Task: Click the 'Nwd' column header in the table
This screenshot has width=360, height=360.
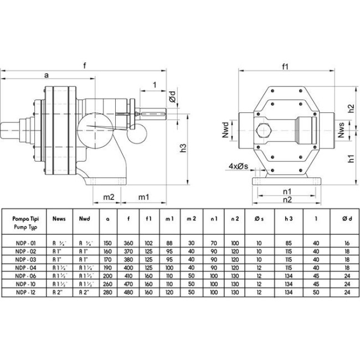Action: [84, 219]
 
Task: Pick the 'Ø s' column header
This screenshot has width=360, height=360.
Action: [258, 219]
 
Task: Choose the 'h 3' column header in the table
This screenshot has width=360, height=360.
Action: [288, 219]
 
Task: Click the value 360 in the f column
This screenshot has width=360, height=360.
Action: [129, 242]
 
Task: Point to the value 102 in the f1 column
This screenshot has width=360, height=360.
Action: [149, 242]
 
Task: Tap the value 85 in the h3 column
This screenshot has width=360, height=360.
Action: [288, 242]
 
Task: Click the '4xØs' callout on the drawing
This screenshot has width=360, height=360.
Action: [238, 166]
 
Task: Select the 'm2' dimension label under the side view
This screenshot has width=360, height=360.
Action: [109, 197]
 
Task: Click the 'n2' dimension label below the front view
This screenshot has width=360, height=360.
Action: [287, 199]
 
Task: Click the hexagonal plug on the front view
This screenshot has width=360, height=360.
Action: [263, 131]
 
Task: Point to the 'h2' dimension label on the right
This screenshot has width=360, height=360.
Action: [349, 109]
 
